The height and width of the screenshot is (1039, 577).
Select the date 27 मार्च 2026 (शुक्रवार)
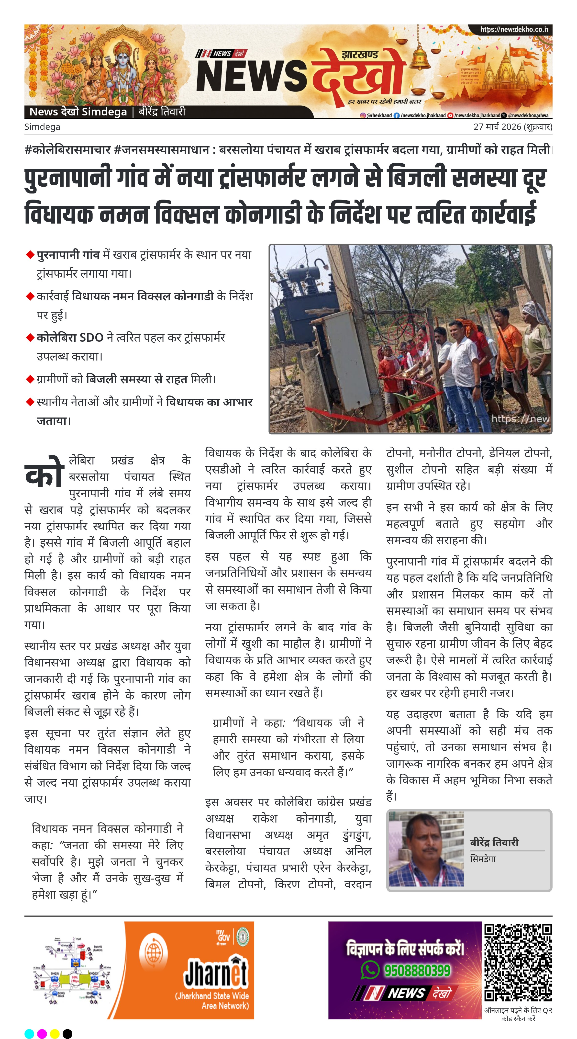click(x=512, y=127)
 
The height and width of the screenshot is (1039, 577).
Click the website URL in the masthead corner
click(x=514, y=29)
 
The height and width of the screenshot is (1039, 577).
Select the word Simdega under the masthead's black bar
click(x=42, y=127)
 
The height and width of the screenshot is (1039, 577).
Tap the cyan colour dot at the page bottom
click(x=29, y=1033)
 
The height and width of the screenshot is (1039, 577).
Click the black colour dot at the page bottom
click(x=67, y=1033)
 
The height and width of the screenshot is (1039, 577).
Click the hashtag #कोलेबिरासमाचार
click(x=67, y=150)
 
